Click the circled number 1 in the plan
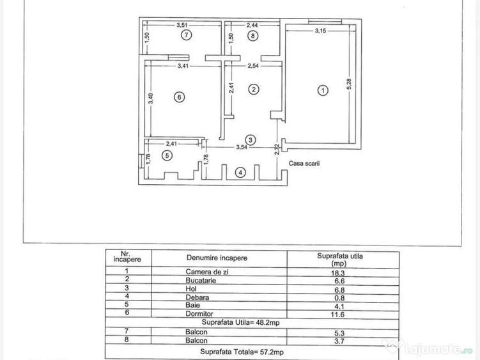[323, 90]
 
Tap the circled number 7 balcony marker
[186, 35]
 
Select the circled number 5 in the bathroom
[167, 155]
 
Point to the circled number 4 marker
[240, 173]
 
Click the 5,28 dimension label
[349, 84]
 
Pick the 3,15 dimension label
[320, 31]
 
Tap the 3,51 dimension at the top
[182, 25]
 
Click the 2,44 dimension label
[252, 25]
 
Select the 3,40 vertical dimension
[150, 98]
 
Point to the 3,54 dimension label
[242, 147]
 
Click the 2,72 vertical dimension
[277, 149]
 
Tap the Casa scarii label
[304, 163]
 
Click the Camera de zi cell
[207, 272]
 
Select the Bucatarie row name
[201, 280]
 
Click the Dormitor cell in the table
[199, 314]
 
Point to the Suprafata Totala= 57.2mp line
[242, 352]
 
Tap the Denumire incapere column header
[217, 258]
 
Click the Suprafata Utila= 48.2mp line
[240, 323]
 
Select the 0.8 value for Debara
[339, 298]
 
